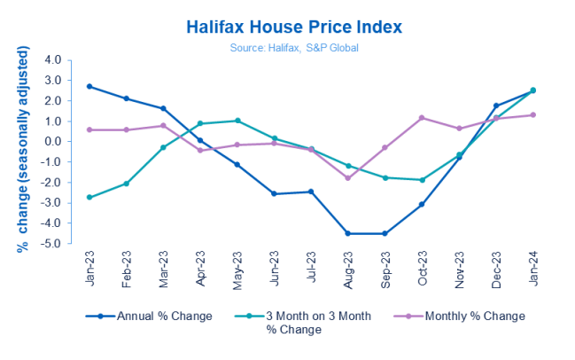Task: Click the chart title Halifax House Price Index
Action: tap(293, 27)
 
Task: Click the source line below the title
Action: tap(293, 47)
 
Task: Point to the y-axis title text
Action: tap(24, 151)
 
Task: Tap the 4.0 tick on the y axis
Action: tap(52, 60)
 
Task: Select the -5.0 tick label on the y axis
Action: tap(51, 243)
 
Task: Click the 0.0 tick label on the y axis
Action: tap(52, 141)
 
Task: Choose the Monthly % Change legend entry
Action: tap(470, 316)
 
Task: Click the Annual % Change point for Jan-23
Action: tap(89, 86)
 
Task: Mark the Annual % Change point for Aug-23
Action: tap(347, 233)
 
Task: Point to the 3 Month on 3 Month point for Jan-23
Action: tap(89, 197)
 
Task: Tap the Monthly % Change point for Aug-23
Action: tap(347, 178)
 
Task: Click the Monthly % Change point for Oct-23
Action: tap(422, 118)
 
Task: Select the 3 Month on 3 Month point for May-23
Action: tap(237, 121)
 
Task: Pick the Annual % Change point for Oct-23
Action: tap(422, 204)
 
